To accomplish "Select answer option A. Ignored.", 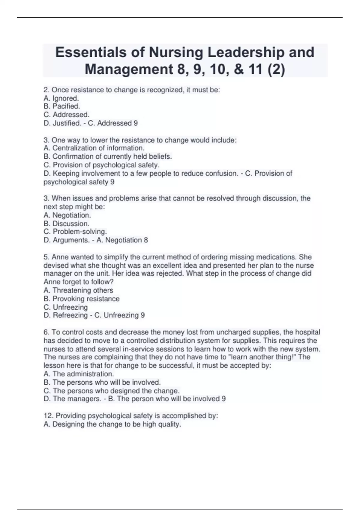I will point(61,98).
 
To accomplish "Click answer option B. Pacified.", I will point(62,106).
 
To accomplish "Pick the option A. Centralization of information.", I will point(94,148).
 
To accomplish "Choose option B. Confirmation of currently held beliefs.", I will point(108,156).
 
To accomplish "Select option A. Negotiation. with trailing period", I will point(67,215).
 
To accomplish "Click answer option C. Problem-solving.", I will point(75,232).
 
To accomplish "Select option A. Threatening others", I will point(78,290).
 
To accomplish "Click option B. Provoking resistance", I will point(81,299).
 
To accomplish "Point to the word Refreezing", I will point(70,315).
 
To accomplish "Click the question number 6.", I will point(46,332).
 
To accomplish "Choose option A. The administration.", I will point(79,374).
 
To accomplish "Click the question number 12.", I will point(48,416).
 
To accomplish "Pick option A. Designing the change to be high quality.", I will point(112,424).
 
